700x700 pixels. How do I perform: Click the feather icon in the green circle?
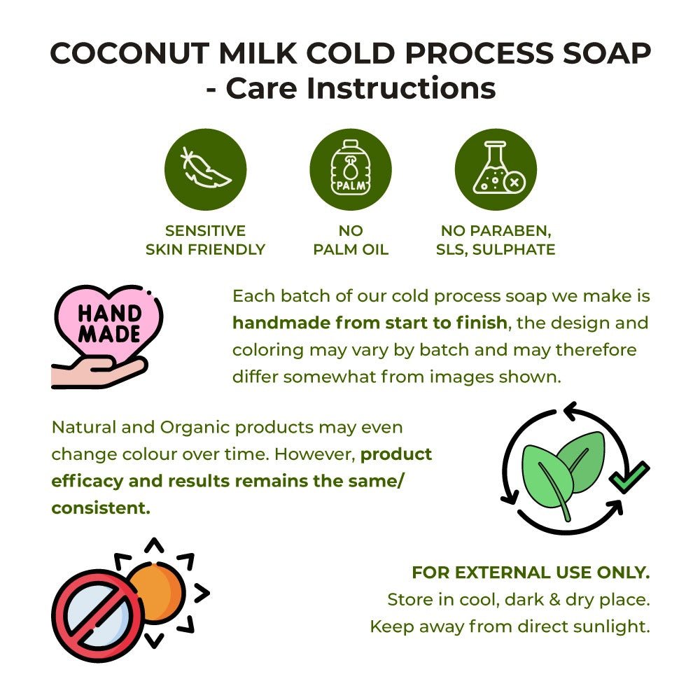(x=205, y=169)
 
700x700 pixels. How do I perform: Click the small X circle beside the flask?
(x=514, y=182)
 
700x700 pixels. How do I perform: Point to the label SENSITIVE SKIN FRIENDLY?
(x=205, y=240)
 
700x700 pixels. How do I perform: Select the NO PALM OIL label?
(x=351, y=240)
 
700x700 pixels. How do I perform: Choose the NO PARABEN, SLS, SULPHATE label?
(x=496, y=240)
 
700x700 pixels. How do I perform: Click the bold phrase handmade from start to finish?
(x=370, y=322)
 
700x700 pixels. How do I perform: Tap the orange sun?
(x=157, y=593)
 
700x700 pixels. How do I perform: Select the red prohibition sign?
(x=98, y=615)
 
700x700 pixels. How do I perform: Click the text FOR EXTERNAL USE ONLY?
(x=531, y=573)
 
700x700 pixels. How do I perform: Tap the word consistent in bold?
(x=101, y=508)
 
